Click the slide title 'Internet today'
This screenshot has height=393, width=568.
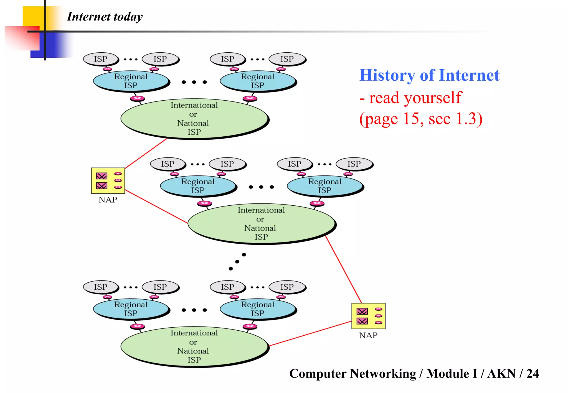click(x=105, y=17)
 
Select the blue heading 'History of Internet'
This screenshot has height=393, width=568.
click(x=429, y=75)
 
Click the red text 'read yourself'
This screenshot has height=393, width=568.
click(x=415, y=98)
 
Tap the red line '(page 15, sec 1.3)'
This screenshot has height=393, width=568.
click(x=421, y=119)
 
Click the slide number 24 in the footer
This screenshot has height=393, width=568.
click(x=532, y=373)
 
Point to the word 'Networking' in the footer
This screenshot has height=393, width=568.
click(x=383, y=373)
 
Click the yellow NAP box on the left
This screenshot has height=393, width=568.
click(x=108, y=180)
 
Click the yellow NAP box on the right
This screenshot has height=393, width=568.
click(x=368, y=316)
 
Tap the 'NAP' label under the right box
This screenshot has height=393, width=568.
click(x=368, y=335)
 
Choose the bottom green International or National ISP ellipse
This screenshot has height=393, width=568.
click(x=194, y=346)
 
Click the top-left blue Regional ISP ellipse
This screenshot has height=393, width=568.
click(x=131, y=81)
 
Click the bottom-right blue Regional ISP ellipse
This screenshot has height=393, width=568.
click(x=258, y=309)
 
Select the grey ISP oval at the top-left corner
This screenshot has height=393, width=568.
click(x=100, y=59)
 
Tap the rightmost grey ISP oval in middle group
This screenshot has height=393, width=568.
click(x=354, y=164)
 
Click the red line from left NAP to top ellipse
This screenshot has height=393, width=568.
click(x=146, y=153)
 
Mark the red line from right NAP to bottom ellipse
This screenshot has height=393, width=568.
click(x=311, y=333)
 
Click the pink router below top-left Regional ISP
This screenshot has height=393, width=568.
click(x=137, y=98)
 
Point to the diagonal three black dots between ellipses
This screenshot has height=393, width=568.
click(x=237, y=262)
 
